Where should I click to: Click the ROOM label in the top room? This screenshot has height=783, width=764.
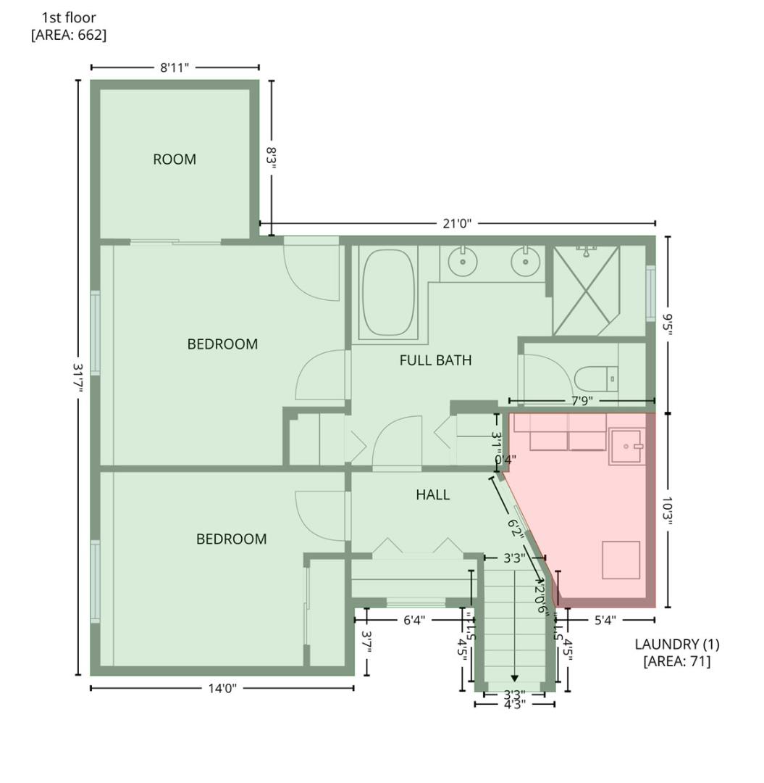[x=175, y=159]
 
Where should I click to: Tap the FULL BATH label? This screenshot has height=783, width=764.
[x=435, y=360]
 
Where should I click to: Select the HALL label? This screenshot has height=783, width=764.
[x=432, y=495]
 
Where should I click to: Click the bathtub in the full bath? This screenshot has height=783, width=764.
[x=388, y=292]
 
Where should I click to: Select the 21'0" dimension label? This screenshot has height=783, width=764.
[x=457, y=224]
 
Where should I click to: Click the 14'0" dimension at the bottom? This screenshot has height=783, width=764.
[x=222, y=688]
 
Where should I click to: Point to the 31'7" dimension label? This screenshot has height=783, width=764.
[x=78, y=378]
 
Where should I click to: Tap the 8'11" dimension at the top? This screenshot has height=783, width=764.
[x=175, y=68]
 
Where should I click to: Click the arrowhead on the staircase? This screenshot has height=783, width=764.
[x=514, y=678]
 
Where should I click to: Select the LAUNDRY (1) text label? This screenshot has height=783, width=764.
[x=676, y=644]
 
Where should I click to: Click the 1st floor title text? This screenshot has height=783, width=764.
[x=68, y=17]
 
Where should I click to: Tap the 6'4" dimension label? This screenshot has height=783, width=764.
[x=414, y=620]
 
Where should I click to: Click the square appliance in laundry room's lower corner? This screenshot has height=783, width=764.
[x=621, y=560]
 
